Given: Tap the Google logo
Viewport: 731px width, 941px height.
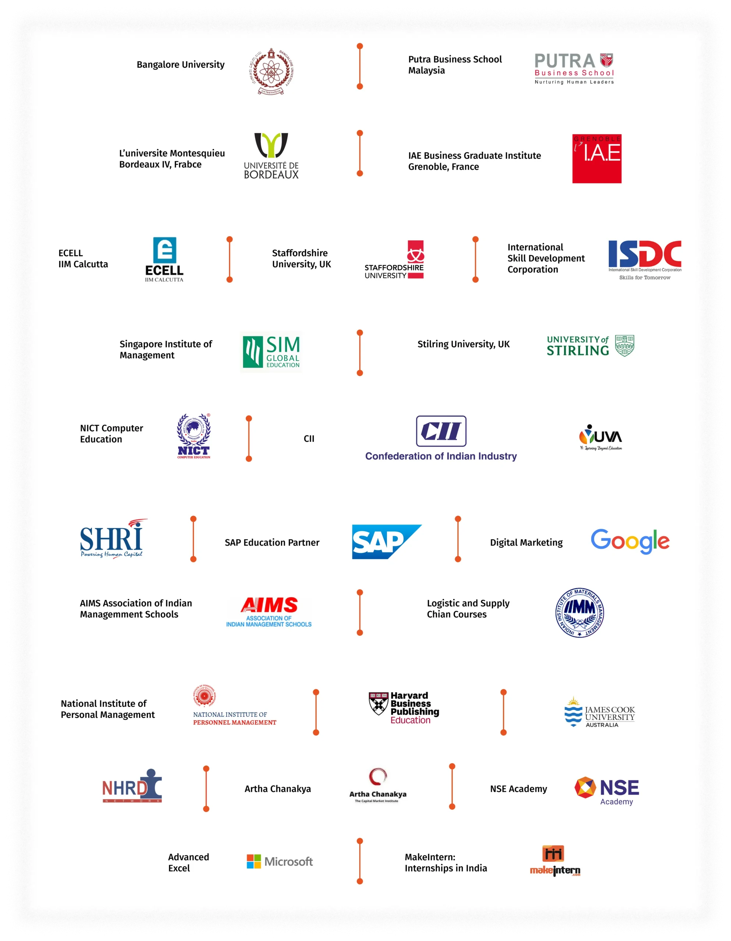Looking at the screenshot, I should point(630,541).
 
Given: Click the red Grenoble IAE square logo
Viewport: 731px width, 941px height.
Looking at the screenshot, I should point(596,158).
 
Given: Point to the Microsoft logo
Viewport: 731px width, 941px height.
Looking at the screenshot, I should point(280,862).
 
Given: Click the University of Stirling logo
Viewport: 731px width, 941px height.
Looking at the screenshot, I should point(590,346).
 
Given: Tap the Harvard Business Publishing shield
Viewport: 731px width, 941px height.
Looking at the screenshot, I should point(378,704).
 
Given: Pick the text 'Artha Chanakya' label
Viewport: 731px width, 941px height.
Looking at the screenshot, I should point(277,789).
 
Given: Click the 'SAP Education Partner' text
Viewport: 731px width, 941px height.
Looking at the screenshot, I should point(272,543).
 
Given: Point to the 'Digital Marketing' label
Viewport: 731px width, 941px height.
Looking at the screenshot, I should point(526,543).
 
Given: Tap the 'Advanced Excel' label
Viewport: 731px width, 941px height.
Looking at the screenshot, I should point(188,863).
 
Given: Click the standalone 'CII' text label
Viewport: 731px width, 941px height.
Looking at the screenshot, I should point(309,439).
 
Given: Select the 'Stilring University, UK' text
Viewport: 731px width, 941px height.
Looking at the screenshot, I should point(463,344).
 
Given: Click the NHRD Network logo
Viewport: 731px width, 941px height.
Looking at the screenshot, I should point(132,786).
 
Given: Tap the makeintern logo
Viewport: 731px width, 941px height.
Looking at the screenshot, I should point(555,861).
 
